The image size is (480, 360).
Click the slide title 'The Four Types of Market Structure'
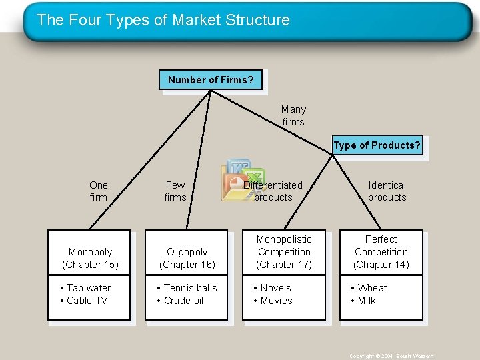click(163, 20)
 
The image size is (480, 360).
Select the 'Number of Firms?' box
click(211, 80)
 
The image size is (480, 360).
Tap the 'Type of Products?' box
click(377, 146)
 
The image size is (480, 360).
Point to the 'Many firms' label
click(293, 115)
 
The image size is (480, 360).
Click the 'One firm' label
click(98, 191)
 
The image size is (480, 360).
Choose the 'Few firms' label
click(175, 191)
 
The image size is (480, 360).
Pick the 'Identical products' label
click(387, 191)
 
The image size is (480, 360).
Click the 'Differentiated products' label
click(273, 191)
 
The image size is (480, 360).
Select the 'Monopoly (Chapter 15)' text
click(90, 258)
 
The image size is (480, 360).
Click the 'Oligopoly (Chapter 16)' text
click(187, 258)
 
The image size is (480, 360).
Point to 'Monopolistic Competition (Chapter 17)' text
click(284, 252)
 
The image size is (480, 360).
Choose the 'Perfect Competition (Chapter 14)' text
click(381, 252)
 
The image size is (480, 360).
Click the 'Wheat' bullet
click(371, 288)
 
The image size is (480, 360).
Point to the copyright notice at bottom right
click(391, 356)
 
